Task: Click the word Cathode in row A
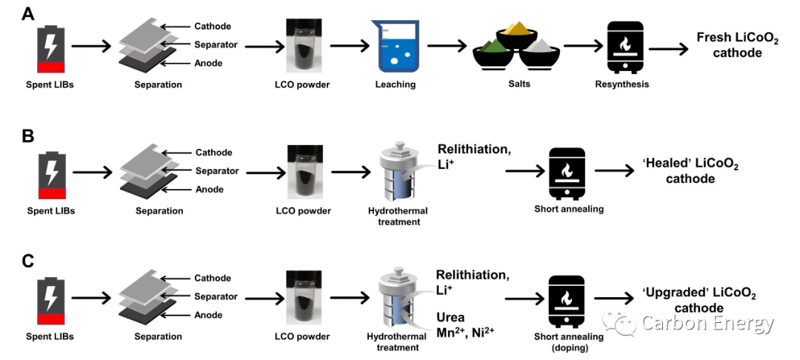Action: click(213, 27)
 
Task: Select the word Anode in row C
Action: click(208, 315)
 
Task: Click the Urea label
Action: click(450, 318)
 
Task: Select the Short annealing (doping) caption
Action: click(569, 341)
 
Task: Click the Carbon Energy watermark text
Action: click(707, 324)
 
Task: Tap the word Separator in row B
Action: click(216, 171)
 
